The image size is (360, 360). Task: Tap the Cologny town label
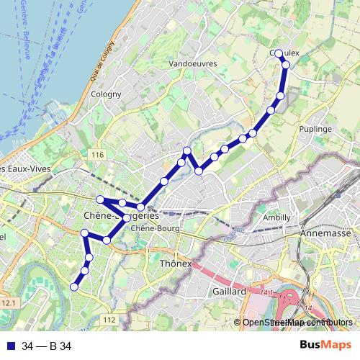(x=105, y=94)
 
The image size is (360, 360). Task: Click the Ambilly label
(x=276, y=217)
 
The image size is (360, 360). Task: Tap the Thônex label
(x=176, y=264)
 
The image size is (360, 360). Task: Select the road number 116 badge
(x=98, y=156)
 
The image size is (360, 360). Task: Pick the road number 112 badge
(x=109, y=319)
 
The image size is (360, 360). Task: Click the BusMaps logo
(x=325, y=346)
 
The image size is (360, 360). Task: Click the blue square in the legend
(x=9, y=346)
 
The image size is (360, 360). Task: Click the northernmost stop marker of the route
(x=279, y=53)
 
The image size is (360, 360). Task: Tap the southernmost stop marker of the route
(x=73, y=287)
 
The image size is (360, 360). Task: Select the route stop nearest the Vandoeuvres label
(x=187, y=150)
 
